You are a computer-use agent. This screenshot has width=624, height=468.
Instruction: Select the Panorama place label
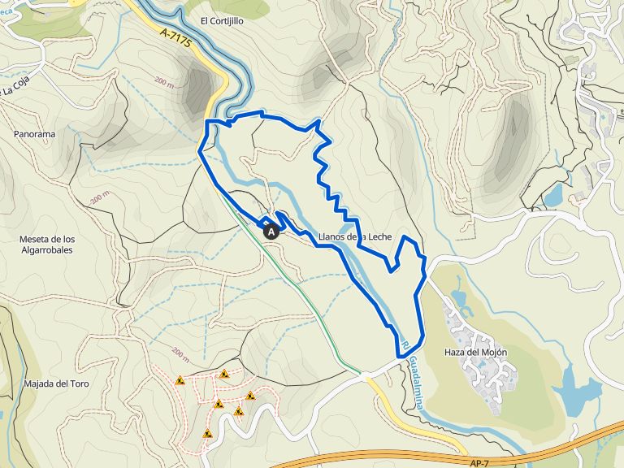(34, 133)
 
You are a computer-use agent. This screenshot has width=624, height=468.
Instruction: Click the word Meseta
(36, 239)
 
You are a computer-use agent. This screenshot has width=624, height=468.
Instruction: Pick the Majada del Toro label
(56, 383)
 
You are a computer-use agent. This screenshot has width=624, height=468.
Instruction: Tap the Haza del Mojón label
(476, 353)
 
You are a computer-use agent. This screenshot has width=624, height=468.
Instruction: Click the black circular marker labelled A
(271, 231)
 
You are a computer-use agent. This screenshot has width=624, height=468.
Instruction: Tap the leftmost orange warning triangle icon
(180, 379)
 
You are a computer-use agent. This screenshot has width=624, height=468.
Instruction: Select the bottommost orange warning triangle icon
(208, 434)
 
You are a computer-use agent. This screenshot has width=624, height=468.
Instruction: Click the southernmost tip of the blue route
(401, 355)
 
